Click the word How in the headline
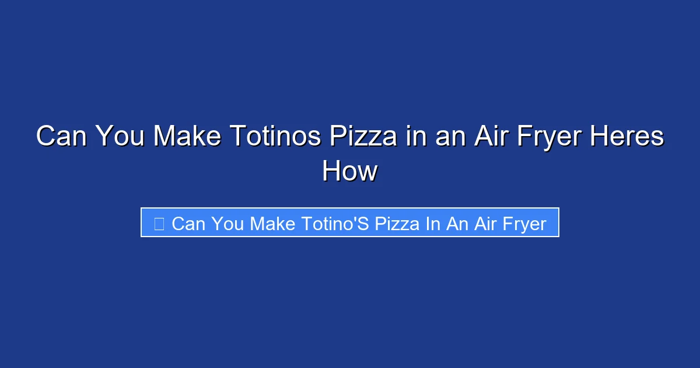coord(350,172)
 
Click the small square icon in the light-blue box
coord(159,223)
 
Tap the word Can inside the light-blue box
coord(189,223)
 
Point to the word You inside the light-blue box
coord(229,223)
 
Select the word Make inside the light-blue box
coord(273,223)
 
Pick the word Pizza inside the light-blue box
coord(397,223)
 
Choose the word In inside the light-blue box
coord(433,223)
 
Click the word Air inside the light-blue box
coord(484,223)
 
